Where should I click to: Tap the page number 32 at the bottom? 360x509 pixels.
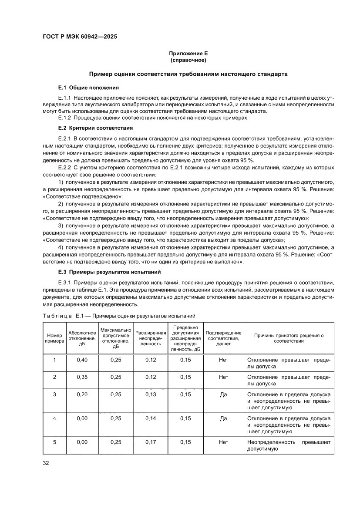[x=46, y=463]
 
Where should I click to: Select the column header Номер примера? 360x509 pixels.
[x=54, y=338]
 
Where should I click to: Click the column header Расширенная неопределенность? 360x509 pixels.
[x=150, y=338]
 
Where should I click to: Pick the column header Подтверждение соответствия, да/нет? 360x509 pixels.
[x=223, y=338]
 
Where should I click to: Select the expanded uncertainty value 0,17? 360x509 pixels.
[x=150, y=442]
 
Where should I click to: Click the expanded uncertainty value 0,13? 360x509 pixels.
[x=150, y=394]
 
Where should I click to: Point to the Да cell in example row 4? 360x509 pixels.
[x=223, y=418]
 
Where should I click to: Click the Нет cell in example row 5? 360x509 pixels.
[x=223, y=442]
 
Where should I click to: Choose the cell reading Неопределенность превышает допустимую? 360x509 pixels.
[x=289, y=445]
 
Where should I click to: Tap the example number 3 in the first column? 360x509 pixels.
[x=54, y=394]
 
